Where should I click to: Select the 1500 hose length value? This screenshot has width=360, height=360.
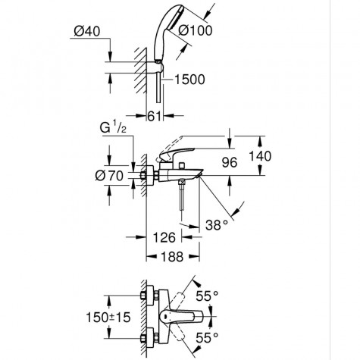(192, 80)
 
